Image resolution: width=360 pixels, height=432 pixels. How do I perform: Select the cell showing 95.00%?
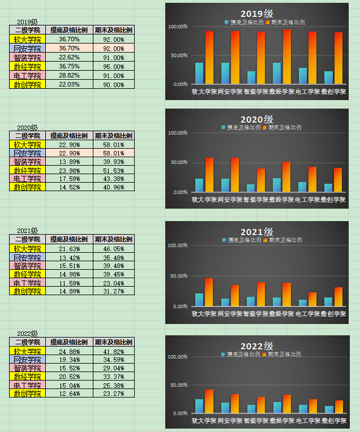point(114,66)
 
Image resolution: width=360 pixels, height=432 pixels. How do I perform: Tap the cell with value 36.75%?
point(69,66)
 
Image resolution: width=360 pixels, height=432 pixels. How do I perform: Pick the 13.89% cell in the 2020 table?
point(69,162)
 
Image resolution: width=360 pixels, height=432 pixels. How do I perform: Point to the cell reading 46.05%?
point(114,249)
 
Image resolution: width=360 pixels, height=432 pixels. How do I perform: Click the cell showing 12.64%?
point(69,394)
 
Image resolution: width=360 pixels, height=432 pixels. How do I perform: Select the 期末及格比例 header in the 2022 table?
point(114,343)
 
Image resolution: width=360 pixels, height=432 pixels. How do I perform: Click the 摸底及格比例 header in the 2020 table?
point(69,136)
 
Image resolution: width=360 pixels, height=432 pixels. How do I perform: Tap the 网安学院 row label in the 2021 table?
point(28,257)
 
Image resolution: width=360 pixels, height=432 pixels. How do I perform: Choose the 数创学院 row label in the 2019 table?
point(28,84)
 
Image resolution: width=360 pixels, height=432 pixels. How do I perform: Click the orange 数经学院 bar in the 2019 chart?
point(287,57)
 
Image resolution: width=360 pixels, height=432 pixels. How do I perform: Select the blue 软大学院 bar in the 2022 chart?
point(199,406)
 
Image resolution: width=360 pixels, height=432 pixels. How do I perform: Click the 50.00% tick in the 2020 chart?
point(178,162)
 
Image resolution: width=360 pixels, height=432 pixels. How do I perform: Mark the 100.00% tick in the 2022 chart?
point(178,357)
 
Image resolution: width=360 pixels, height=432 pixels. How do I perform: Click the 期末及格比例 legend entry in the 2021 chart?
point(286,240)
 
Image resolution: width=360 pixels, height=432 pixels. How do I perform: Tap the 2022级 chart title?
point(257,346)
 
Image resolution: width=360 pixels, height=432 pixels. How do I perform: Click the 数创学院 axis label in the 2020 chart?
point(333,200)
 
